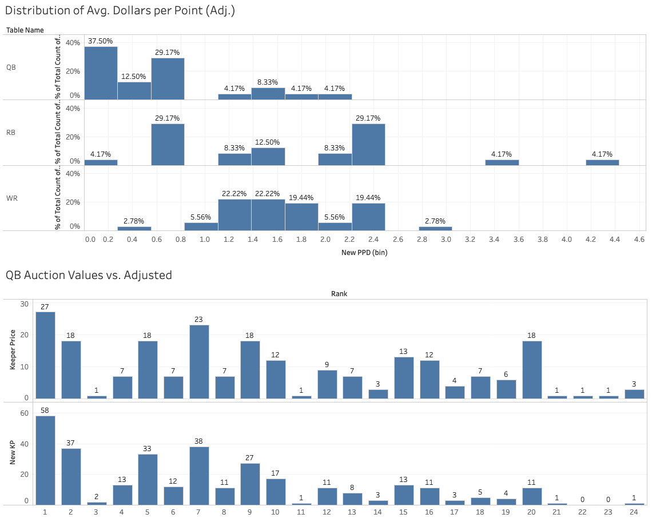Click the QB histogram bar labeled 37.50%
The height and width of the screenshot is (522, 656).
coord(101,73)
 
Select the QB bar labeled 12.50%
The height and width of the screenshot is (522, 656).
coord(134,90)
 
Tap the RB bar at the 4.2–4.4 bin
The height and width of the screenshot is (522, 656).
coord(602,162)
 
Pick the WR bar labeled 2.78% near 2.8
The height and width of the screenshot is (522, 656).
coord(435,228)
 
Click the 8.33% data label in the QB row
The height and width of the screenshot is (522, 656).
coord(268,82)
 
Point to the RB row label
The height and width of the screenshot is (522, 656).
coord(11,133)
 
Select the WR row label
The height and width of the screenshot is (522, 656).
coord(11,198)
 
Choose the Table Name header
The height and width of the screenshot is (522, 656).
coord(25,30)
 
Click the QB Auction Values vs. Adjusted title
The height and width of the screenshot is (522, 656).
coord(89,275)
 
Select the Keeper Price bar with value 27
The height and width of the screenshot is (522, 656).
coord(46,354)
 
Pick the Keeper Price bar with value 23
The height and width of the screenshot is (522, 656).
coord(199,361)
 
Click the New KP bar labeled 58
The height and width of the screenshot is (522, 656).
coord(46,460)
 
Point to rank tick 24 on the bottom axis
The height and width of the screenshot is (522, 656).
coord(634,511)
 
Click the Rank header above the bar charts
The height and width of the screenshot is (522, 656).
coord(339,294)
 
